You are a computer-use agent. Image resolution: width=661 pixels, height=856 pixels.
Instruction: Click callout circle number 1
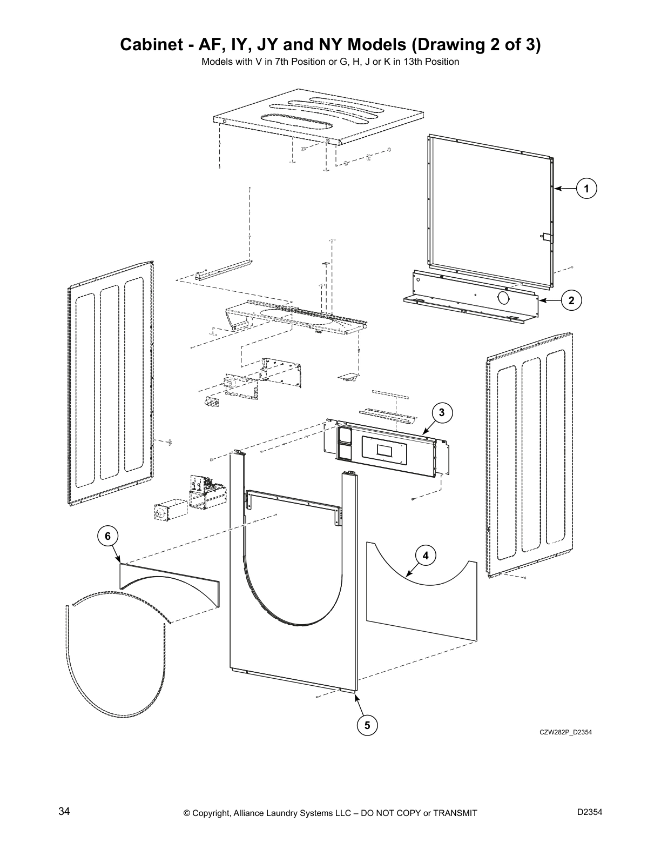point(586,189)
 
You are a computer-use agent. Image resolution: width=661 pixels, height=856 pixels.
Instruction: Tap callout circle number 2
point(571,300)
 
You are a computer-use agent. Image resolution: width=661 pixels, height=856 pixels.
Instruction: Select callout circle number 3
point(441,413)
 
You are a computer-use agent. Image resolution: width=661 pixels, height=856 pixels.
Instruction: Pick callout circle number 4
point(426,555)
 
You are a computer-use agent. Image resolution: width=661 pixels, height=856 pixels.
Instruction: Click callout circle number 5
point(367,725)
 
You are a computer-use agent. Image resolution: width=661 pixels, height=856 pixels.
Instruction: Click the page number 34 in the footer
point(64,812)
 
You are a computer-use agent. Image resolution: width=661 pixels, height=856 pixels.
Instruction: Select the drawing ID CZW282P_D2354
point(562,733)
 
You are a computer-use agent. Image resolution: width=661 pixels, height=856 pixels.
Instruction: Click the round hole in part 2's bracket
point(503,297)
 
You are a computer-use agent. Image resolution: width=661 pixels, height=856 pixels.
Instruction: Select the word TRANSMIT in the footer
point(451,813)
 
